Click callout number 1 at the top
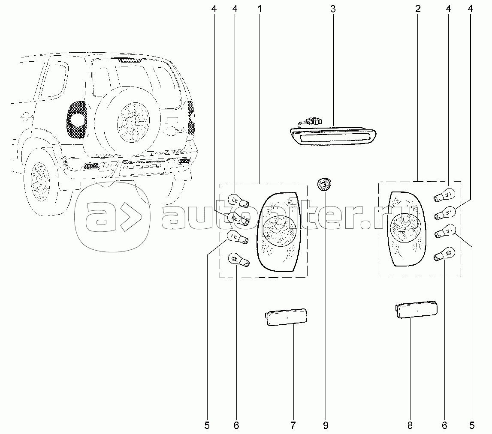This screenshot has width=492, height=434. click(x=260, y=9)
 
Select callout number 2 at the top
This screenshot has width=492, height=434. click(x=418, y=9)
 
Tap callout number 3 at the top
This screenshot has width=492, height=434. click(x=333, y=9)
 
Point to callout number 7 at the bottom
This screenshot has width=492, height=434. click(x=293, y=425)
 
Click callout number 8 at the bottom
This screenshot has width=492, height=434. click(x=410, y=425)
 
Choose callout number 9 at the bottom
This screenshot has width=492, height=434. click(x=326, y=425)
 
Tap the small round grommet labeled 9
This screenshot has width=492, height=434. click(x=323, y=184)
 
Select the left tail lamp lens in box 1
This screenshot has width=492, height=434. click(x=279, y=232)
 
